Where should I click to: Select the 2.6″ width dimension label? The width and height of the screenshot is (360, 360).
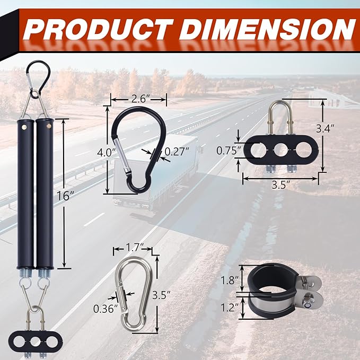point(139,98)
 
